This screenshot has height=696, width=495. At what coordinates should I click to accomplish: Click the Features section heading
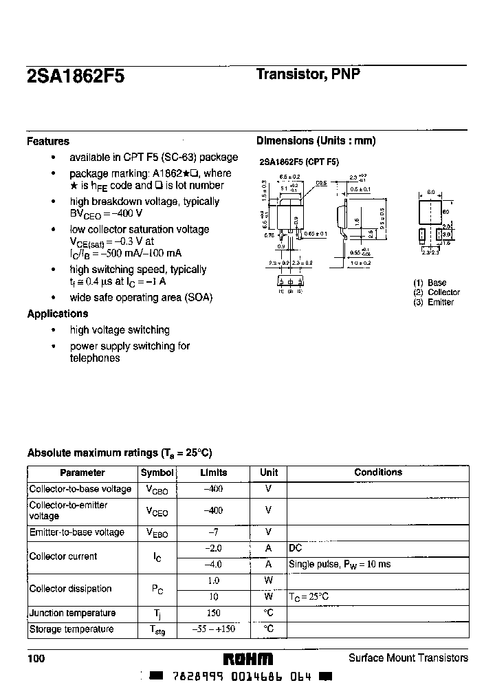point(48,142)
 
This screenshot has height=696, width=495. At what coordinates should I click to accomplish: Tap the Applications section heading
point(58,314)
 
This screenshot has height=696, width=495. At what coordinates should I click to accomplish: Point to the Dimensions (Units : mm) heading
point(316,141)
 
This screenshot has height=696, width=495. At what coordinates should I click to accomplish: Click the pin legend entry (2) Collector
point(437,292)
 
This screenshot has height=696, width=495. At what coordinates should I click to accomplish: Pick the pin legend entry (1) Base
point(430,283)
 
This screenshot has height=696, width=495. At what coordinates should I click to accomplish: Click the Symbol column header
point(157,473)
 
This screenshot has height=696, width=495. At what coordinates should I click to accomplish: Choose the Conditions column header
point(378,472)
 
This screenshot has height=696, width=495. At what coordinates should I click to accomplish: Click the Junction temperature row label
point(72,613)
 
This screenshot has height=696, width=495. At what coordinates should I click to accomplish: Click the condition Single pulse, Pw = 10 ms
point(340,564)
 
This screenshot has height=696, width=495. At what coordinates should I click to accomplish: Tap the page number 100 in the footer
point(36,659)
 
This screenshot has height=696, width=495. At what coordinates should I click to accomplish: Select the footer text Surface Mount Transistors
point(408,658)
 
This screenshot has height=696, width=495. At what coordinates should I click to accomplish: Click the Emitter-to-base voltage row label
point(77,532)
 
